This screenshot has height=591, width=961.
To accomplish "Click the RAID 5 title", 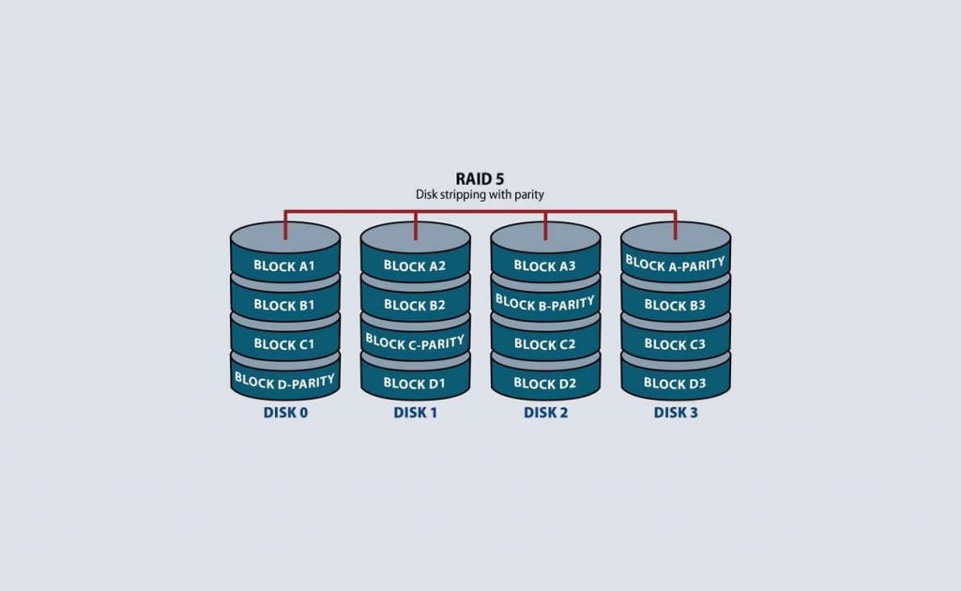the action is pos(480,179).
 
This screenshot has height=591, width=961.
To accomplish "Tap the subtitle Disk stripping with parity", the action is pos(480,195).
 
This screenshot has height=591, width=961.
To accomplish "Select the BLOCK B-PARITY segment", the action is pos(545,303).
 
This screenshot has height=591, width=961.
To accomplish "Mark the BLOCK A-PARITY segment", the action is pos(676,264).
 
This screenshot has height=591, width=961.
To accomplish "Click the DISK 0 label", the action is pos(285,413).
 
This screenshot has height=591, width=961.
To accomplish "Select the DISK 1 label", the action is pos(416,413).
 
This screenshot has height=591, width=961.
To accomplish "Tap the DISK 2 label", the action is pos(545,413).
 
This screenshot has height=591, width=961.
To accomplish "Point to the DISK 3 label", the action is pos(676,413).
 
